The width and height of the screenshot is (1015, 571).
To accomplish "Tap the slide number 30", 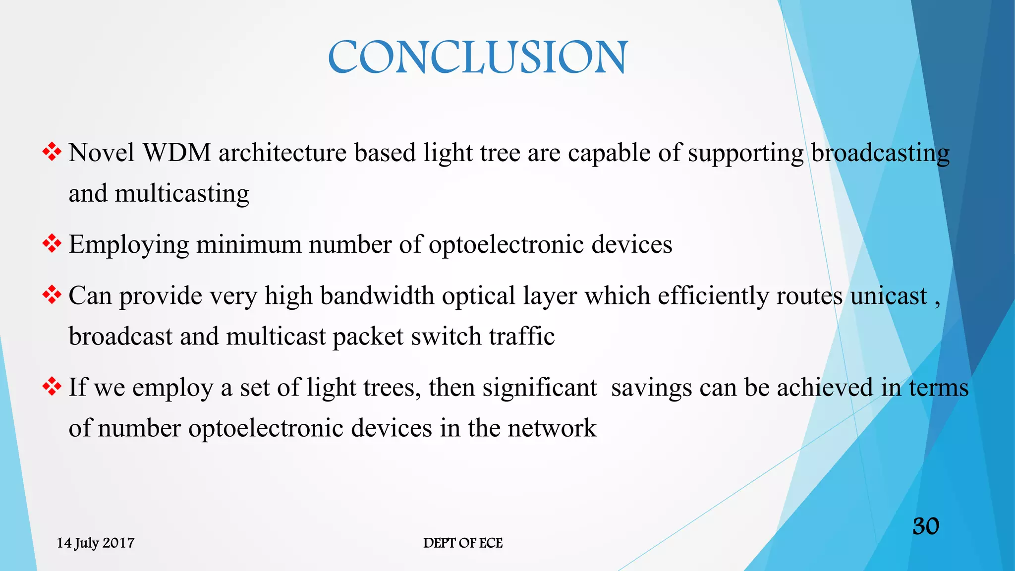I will pos(926,526).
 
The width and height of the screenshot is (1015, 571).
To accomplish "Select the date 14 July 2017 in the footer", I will pos(96,543).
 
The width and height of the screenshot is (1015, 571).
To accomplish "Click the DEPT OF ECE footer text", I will pos(463,543).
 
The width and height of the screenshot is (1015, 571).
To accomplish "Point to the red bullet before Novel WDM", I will pos(52,152).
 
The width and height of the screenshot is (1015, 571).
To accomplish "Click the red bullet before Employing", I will pos(52,243).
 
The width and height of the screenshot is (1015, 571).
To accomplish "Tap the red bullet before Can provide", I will pos(52,295).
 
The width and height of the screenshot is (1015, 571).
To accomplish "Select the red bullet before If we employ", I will pos(52,386).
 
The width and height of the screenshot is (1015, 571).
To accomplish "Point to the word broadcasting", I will pos(880,153).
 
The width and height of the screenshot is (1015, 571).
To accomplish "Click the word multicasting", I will pos(182,194).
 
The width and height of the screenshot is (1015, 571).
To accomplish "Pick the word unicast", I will pos(889,296).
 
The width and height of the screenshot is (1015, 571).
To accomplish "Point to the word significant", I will pos(540,388).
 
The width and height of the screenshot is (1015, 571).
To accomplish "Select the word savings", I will pos(651,388).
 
